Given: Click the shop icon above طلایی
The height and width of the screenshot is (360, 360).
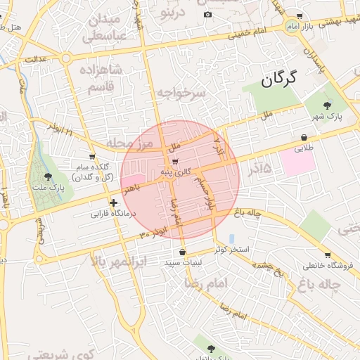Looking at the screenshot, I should click(303, 138).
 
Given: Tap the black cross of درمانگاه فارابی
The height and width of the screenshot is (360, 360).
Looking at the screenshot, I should click(113, 202).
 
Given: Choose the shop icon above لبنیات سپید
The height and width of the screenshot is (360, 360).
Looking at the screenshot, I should click(183, 252).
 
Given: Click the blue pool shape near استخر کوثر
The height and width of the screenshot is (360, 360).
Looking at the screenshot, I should click(232, 238).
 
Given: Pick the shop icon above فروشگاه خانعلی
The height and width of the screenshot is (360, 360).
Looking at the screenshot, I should click(328, 255).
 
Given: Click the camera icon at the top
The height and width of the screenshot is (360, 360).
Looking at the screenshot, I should click(207, 15).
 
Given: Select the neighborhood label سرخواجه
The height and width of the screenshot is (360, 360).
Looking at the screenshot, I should click(181, 92).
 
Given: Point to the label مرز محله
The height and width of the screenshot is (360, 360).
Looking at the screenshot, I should click(129, 143).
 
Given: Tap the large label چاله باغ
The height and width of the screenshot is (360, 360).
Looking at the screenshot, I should click(329, 285).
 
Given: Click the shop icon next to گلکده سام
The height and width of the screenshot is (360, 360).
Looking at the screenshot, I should click(92, 156).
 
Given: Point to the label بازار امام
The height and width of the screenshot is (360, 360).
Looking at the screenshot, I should click(319, 26).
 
